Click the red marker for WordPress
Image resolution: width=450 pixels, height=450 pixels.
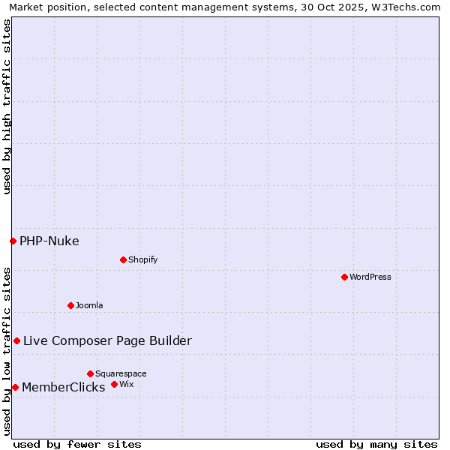tap(344, 277)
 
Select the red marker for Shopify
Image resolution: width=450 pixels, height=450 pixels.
tap(123, 259)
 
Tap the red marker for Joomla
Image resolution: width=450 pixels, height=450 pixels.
tap(70, 305)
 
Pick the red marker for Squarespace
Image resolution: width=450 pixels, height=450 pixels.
tap(90, 373)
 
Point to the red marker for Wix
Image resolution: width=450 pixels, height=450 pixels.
tap(114, 384)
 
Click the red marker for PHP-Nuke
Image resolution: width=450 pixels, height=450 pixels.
tap(13, 241)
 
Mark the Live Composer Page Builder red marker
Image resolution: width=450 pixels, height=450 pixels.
tap(16, 340)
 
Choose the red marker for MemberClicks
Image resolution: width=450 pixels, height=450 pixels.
tap(15, 387)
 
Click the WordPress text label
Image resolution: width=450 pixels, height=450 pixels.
tap(370, 277)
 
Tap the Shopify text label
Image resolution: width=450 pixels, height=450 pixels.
tap(142, 259)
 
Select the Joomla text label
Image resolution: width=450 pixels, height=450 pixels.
tap(89, 305)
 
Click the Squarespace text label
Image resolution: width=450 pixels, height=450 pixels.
tap(121, 373)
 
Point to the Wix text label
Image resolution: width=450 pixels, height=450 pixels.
tap(126, 384)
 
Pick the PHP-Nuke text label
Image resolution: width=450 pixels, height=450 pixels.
tap(49, 241)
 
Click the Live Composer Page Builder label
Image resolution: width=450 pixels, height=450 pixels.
tap(107, 340)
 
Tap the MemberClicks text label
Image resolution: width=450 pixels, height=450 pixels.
tap(64, 387)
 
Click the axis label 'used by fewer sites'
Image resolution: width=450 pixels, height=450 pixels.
tap(77, 444)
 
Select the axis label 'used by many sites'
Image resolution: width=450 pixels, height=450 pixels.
tap(376, 444)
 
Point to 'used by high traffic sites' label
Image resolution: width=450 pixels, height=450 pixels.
tap(7, 106)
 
